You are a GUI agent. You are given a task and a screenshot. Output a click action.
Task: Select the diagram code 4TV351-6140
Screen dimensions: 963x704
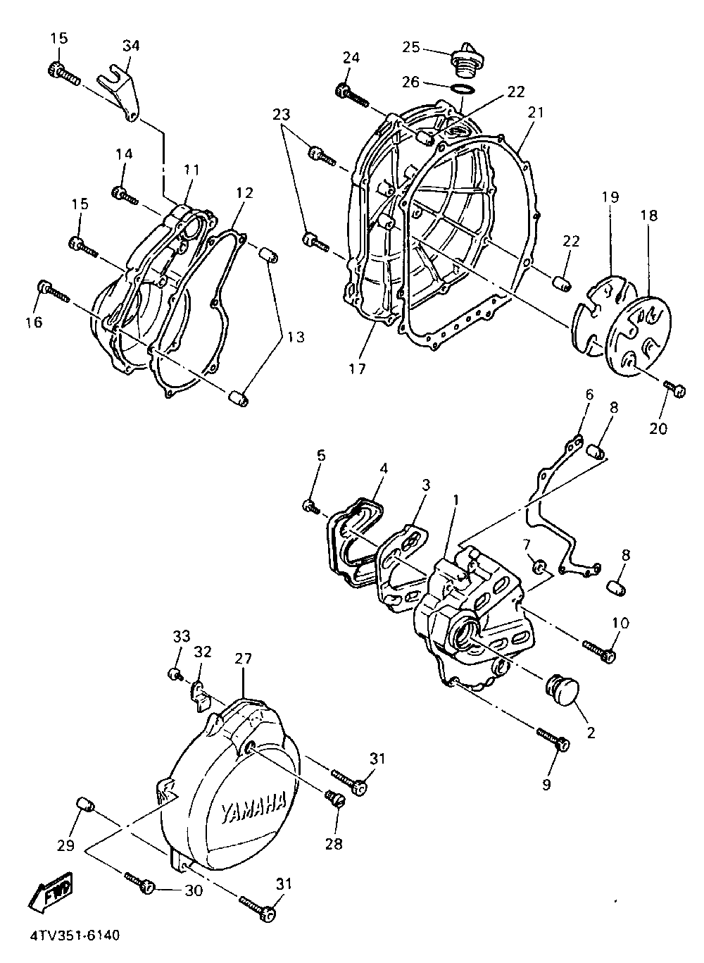pos(75,936)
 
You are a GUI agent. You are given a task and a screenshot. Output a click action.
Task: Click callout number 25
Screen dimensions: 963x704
pos(411,47)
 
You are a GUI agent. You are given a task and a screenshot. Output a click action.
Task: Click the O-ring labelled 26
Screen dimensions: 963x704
pos(461,89)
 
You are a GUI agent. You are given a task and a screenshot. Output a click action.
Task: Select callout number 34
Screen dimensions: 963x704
pos(131,46)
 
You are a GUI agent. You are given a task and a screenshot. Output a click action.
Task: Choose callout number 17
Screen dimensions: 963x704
pos(358,368)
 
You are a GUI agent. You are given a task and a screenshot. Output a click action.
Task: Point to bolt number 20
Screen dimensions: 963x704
pos(674,387)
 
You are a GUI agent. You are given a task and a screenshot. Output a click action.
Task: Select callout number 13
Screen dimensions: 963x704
pos(296,337)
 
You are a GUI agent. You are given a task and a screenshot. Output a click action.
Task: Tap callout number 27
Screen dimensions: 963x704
pos(243,659)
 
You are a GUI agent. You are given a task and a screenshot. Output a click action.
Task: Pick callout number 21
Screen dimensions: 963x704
pos(537,113)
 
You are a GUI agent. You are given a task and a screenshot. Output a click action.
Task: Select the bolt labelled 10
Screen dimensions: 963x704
pos(600,650)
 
